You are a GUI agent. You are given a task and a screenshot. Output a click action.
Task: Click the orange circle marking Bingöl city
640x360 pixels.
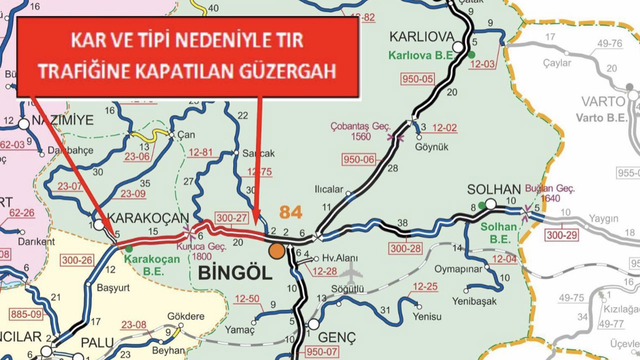[276, 251]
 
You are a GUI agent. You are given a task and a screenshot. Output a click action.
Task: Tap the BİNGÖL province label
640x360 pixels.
[235, 273]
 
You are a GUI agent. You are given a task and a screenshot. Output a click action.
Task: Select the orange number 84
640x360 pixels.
[290, 212]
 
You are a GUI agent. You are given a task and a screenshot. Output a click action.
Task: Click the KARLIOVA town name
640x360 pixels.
[421, 36]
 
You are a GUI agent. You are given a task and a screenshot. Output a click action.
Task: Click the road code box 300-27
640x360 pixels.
[231, 217]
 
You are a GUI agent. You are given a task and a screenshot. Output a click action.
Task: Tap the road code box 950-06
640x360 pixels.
[358, 160]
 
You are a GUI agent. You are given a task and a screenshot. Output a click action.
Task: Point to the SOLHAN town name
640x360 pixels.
[494, 189]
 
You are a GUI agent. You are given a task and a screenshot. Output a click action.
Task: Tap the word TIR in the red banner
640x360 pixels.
[289, 40]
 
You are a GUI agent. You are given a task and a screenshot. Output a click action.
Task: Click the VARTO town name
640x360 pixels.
[603, 102]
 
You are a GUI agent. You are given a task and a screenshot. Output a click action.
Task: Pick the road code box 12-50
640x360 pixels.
[247, 299]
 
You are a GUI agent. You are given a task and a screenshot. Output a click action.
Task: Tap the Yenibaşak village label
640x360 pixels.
[474, 301]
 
